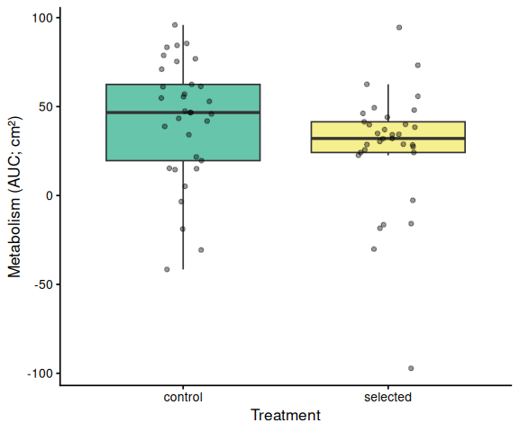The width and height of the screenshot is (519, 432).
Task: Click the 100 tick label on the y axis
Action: [x=42, y=18]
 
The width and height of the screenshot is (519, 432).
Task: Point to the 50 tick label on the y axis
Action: [x=46, y=107]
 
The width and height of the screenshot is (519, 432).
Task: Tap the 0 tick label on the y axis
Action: [x=50, y=195]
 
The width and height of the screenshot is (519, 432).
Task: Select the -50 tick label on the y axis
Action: [x=43, y=284]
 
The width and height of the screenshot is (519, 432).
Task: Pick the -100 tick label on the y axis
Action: [x=40, y=373]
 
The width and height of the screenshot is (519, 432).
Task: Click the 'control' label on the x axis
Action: [x=183, y=397]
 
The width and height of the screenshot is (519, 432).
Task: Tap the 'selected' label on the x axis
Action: [x=388, y=397]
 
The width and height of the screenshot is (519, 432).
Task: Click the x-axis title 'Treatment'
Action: [x=286, y=415]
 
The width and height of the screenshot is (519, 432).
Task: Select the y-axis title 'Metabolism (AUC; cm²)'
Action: [x=14, y=197]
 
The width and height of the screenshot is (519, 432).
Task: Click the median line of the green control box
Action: [x=183, y=112]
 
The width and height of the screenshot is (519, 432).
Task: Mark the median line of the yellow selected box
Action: [x=388, y=139]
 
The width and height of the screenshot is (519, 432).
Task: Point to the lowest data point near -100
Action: [x=411, y=368]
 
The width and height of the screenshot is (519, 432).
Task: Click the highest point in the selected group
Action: [x=399, y=27]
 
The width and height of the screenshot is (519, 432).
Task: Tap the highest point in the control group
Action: [x=175, y=25]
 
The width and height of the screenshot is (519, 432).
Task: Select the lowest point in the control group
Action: [x=167, y=269]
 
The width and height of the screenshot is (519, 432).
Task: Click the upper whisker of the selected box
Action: [x=388, y=103]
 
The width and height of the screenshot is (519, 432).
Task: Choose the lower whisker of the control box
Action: [x=183, y=215]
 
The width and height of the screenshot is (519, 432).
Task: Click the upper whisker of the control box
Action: [x=183, y=55]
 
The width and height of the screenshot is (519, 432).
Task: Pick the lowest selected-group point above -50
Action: [x=374, y=249]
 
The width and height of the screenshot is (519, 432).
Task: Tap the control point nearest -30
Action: [x=201, y=250]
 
